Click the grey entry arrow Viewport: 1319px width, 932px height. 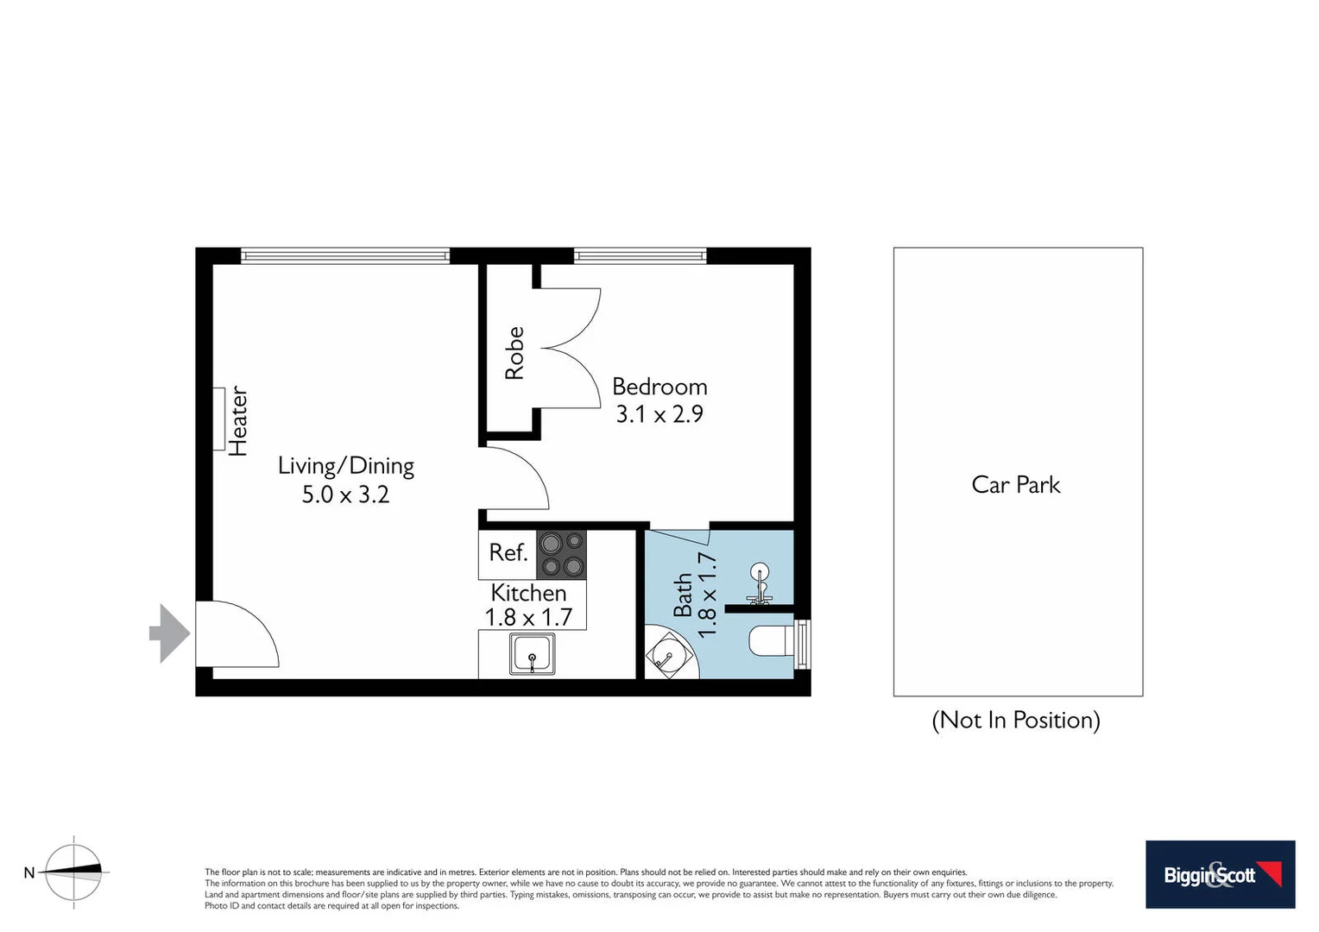[x=170, y=633]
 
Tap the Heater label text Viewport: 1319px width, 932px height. [x=238, y=421]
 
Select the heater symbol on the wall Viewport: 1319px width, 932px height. [x=219, y=419]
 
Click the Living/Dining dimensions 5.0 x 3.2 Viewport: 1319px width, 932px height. [x=345, y=494]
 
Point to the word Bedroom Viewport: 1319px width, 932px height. [x=659, y=387]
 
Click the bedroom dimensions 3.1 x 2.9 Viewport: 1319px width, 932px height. [x=659, y=414]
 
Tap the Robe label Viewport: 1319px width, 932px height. [x=514, y=353]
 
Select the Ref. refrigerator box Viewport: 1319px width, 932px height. [x=508, y=553]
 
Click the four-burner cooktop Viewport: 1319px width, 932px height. [x=561, y=555]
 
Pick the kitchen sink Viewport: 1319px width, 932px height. [x=532, y=653]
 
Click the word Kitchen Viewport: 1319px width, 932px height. [x=528, y=593]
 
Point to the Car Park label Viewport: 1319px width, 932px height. [x=1016, y=485]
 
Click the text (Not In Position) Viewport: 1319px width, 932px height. [x=1016, y=720]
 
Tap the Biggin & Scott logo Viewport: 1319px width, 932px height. [x=1220, y=874]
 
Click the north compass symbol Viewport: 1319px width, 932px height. [x=73, y=872]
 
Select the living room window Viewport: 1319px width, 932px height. [x=345, y=255]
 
